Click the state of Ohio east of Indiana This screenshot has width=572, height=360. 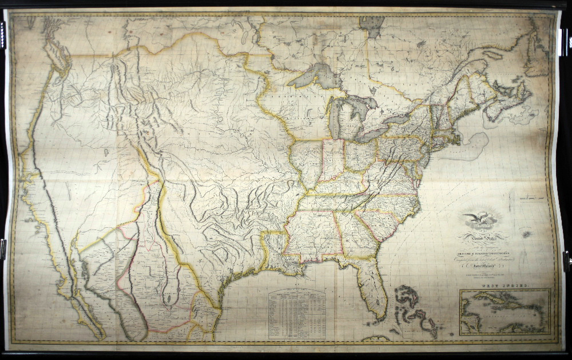[x=361, y=155]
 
